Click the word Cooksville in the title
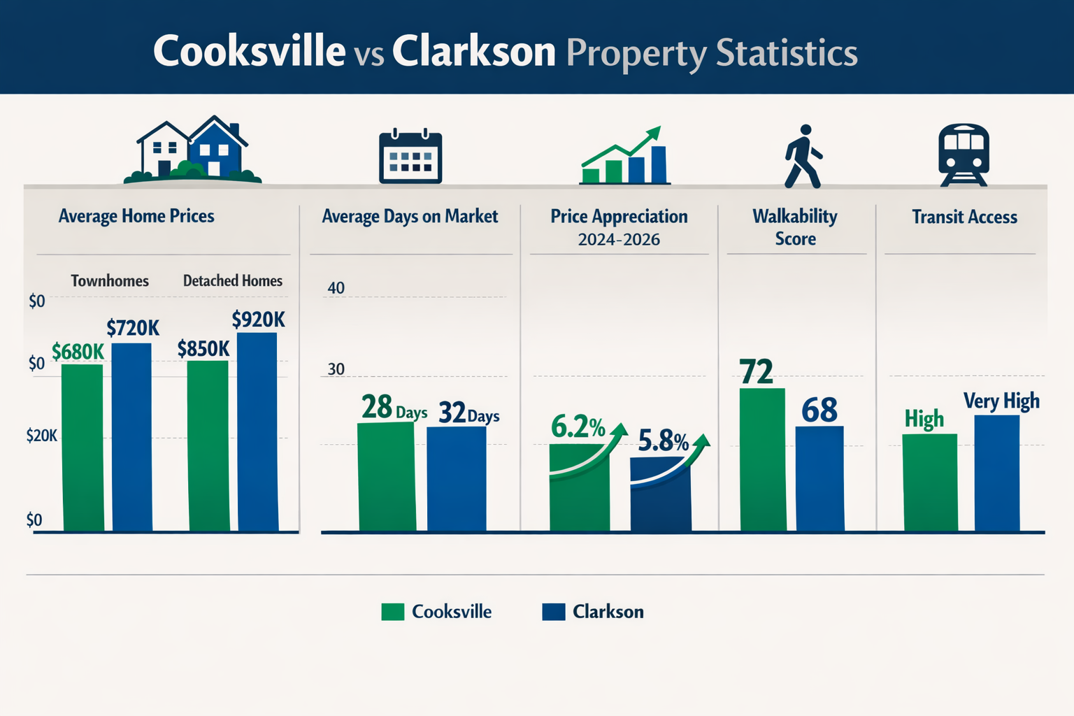click(x=249, y=51)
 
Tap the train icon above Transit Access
click(x=964, y=155)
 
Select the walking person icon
click(x=803, y=156)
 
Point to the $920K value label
click(x=258, y=320)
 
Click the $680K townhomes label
click(x=78, y=352)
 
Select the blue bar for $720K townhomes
click(x=132, y=437)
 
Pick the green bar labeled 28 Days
click(x=387, y=477)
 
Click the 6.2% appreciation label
click(x=578, y=427)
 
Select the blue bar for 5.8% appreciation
click(x=660, y=496)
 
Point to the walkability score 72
click(x=757, y=372)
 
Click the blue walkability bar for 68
click(x=819, y=478)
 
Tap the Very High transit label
click(x=1001, y=401)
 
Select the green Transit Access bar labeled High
click(x=930, y=482)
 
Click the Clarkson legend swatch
click(x=553, y=612)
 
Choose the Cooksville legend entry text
click(x=452, y=612)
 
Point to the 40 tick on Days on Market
click(x=336, y=288)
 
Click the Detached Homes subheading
click(x=233, y=281)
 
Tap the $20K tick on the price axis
click(x=41, y=436)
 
